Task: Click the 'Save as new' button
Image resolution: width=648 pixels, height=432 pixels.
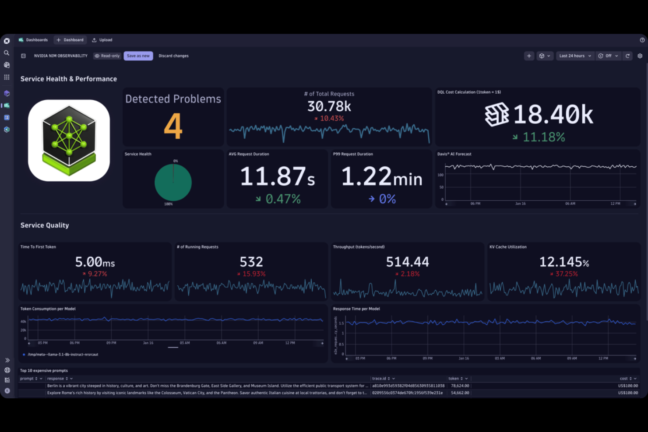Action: pyautogui.click(x=138, y=56)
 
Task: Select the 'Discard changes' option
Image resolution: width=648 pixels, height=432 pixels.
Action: pyautogui.click(x=173, y=56)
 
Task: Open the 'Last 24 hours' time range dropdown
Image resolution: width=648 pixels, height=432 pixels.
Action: pyautogui.click(x=575, y=56)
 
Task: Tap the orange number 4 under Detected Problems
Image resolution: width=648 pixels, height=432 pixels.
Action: pyautogui.click(x=173, y=126)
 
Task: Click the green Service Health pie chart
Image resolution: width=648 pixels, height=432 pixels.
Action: pyautogui.click(x=173, y=183)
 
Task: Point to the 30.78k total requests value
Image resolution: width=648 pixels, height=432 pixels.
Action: pyautogui.click(x=329, y=106)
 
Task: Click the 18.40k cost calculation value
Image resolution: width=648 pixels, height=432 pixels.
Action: pyautogui.click(x=553, y=115)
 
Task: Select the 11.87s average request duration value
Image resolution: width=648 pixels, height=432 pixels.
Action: pyautogui.click(x=277, y=176)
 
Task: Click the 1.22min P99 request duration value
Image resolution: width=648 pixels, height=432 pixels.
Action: pyautogui.click(x=381, y=177)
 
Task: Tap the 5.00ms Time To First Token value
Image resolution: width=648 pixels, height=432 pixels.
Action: pyautogui.click(x=95, y=262)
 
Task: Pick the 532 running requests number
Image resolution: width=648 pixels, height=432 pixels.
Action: pyautogui.click(x=251, y=262)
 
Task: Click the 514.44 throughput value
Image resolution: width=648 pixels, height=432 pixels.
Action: pyautogui.click(x=407, y=262)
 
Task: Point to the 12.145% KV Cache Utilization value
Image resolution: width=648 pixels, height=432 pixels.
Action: pyautogui.click(x=564, y=262)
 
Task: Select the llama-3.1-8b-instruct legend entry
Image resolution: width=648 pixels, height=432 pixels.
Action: pyautogui.click(x=63, y=355)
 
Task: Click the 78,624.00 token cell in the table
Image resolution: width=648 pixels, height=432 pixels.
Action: pyautogui.click(x=460, y=386)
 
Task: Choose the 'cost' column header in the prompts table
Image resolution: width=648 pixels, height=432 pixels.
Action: pyautogui.click(x=625, y=379)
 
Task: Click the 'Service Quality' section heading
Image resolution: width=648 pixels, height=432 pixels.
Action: pyautogui.click(x=45, y=225)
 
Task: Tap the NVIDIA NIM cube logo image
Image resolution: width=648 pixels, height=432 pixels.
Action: pyautogui.click(x=69, y=140)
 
